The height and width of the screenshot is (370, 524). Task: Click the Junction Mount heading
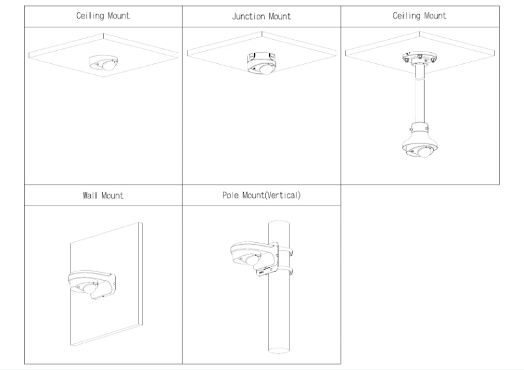pyautogui.click(x=261, y=16)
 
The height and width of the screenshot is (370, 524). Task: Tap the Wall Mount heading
pyautogui.click(x=103, y=195)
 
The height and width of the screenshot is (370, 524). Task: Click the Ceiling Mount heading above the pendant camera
pyautogui.click(x=419, y=16)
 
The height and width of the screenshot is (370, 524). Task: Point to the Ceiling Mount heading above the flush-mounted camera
pyautogui.click(x=103, y=16)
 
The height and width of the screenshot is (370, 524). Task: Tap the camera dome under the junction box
pyautogui.click(x=260, y=69)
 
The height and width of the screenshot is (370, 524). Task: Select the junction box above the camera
pyautogui.click(x=261, y=57)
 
